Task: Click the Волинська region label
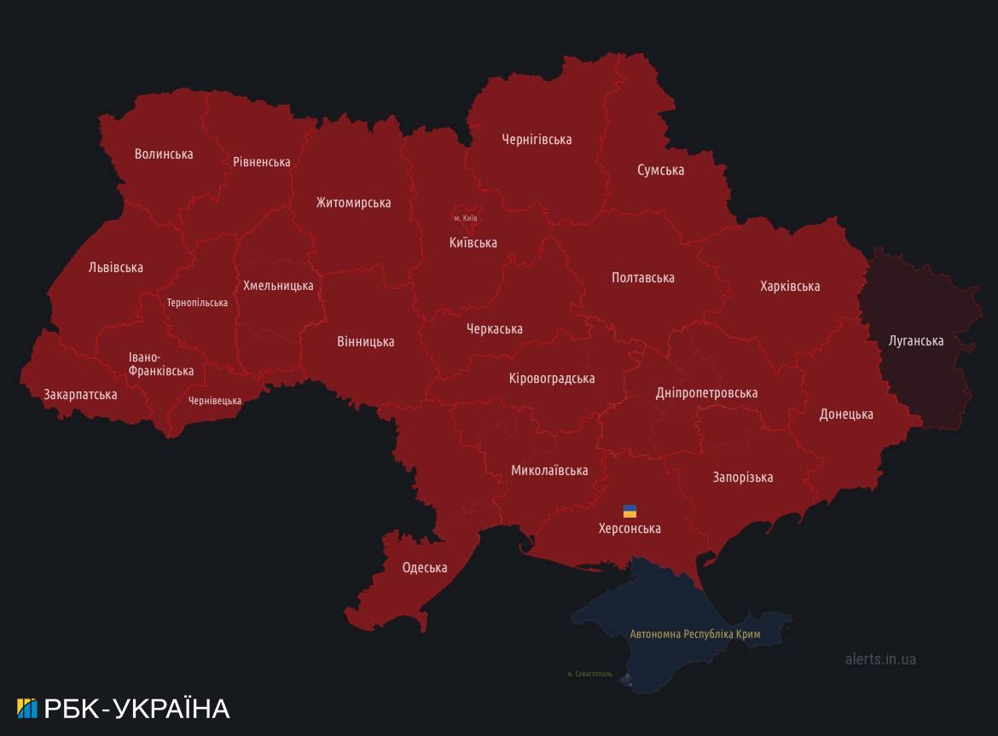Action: (x=164, y=154)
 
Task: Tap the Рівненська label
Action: (x=262, y=162)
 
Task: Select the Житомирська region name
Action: (x=353, y=203)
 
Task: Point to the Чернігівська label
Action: (x=537, y=139)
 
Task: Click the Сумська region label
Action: (x=660, y=171)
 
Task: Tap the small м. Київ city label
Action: (x=465, y=218)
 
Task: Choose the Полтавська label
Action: (x=642, y=278)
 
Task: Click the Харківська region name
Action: (x=790, y=287)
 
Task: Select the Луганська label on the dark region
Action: (x=915, y=341)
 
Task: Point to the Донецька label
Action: (x=845, y=414)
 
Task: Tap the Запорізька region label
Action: (x=742, y=478)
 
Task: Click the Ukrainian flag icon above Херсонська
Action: (x=630, y=512)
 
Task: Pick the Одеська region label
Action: (x=425, y=568)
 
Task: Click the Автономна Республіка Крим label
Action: (x=694, y=635)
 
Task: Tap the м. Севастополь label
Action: (x=589, y=674)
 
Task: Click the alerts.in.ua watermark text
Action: (x=880, y=659)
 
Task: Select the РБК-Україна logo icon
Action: (x=27, y=709)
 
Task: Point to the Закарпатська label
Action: (x=80, y=395)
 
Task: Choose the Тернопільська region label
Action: (x=197, y=303)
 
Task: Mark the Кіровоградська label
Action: (x=551, y=379)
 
